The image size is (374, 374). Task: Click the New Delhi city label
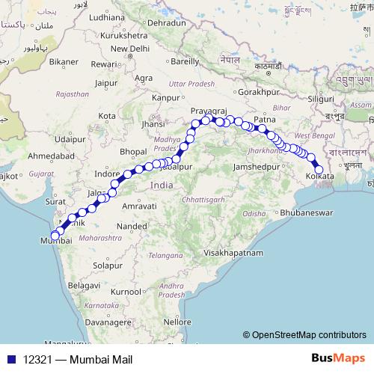tap(124, 49)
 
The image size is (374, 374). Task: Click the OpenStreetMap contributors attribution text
tap(307, 336)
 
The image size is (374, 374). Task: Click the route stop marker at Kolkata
tap(319, 170)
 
